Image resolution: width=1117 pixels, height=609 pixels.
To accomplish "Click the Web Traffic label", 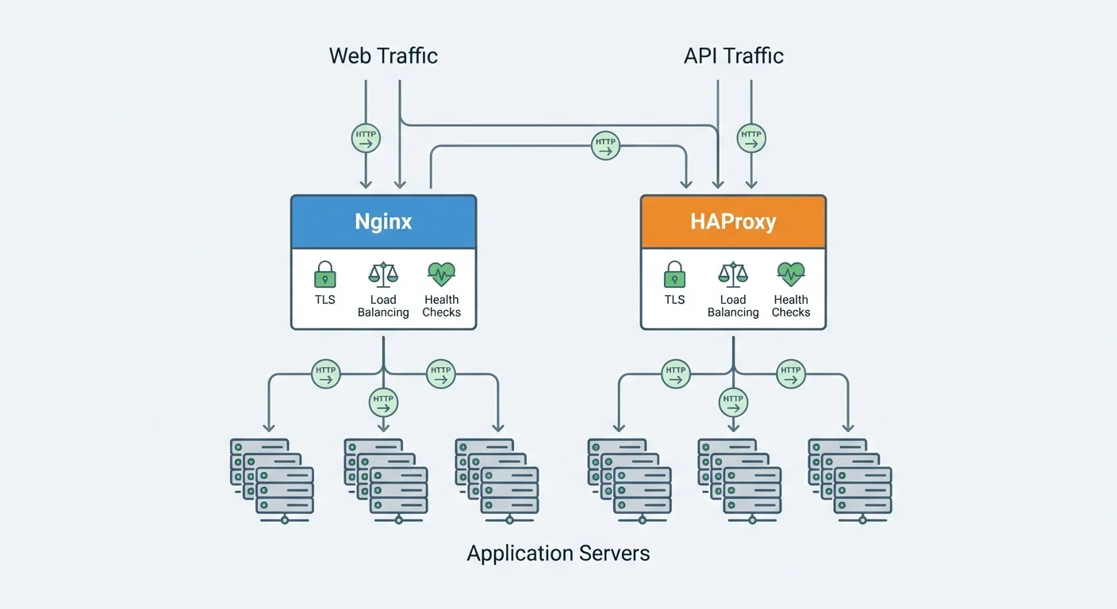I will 383,56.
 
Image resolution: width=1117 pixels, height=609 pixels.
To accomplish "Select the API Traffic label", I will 733,56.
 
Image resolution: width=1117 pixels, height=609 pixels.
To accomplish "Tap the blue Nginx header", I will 383,221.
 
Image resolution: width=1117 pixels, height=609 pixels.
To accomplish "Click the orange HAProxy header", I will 733,221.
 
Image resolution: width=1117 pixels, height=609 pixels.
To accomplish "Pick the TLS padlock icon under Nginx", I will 324,274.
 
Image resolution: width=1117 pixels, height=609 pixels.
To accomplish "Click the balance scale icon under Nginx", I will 383,274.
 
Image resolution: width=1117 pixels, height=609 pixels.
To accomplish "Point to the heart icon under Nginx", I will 441,274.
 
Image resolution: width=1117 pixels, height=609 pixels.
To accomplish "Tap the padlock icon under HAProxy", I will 674,274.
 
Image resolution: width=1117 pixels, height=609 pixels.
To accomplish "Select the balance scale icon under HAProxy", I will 733,274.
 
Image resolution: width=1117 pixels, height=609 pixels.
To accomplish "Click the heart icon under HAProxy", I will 791,274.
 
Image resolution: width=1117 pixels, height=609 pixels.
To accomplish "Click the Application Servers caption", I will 558,553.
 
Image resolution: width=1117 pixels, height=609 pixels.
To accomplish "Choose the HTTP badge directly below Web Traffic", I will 366,139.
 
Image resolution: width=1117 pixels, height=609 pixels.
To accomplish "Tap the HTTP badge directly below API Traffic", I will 750,139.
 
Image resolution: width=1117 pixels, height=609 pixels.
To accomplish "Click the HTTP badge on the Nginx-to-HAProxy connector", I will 605,146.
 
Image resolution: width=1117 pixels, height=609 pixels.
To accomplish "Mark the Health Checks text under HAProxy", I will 791,306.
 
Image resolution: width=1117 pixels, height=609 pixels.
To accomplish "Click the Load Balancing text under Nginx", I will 383,306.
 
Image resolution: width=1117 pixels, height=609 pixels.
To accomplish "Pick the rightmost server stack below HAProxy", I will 850,478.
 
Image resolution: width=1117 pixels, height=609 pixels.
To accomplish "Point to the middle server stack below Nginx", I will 386,478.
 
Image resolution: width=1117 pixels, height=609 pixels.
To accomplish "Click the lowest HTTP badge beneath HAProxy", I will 733,403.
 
